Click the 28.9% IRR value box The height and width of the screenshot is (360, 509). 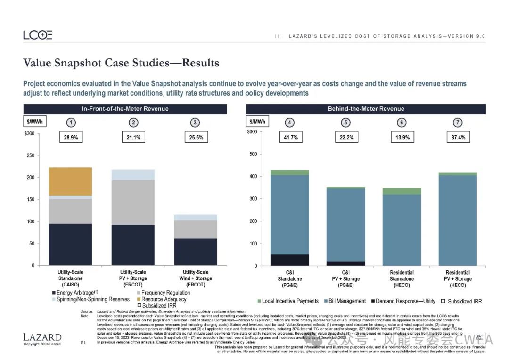coord(71,138)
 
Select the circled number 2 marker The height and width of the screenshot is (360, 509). coord(133,123)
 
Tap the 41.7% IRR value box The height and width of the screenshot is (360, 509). coord(289,138)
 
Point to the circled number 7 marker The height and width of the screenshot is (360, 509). coord(457,123)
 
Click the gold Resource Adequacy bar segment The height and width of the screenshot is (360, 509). coord(71,181)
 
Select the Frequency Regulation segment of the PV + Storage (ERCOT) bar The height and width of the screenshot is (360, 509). coord(133,202)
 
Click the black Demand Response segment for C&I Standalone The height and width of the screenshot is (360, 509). coord(289,260)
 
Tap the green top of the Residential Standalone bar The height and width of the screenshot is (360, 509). coord(402,191)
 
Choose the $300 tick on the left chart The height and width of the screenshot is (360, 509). coord(29,134)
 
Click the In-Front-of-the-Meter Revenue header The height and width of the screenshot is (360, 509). coord(125,109)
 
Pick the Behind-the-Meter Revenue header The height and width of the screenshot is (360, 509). coord(366,109)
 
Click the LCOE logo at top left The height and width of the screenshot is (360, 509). coord(38,35)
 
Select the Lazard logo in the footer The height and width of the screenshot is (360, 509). coord(42,337)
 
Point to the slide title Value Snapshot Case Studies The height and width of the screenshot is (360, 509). coord(121,63)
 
